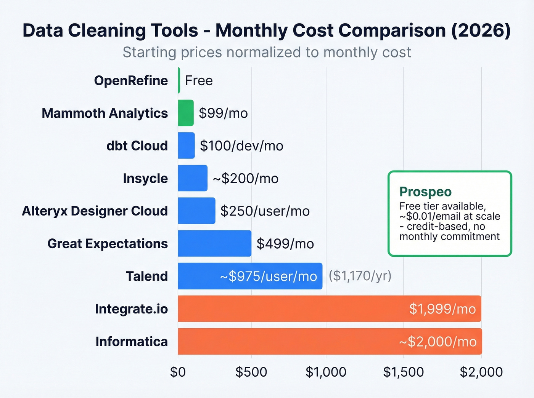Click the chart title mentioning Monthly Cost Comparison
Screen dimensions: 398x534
click(267, 30)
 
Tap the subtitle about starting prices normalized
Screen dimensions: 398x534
click(267, 52)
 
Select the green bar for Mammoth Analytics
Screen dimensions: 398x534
click(186, 113)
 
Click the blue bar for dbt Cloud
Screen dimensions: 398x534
click(186, 145)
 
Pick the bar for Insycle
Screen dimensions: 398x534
click(193, 178)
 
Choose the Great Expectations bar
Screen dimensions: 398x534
click(214, 243)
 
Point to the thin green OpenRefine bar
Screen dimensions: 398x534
click(179, 80)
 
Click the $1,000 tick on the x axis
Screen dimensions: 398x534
click(326, 372)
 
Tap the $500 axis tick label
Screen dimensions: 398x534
click(251, 372)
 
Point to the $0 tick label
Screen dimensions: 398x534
click(178, 372)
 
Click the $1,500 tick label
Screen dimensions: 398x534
click(403, 372)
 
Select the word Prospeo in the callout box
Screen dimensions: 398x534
click(425, 192)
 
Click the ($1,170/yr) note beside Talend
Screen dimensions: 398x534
click(360, 276)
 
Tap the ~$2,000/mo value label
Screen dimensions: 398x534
click(437, 342)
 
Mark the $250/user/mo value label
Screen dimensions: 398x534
click(265, 211)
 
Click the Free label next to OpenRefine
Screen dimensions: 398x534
click(199, 81)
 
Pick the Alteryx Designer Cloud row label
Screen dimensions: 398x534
click(95, 211)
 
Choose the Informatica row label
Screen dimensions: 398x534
click(132, 342)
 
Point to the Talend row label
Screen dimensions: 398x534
click(146, 276)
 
